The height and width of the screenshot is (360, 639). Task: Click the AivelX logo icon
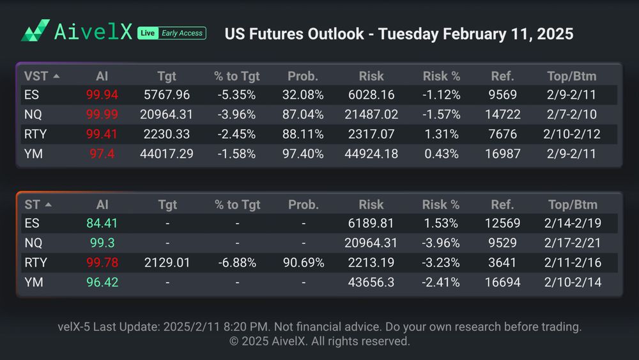pos(35,31)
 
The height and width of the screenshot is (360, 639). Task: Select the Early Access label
pos(181,33)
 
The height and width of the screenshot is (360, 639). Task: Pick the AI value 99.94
pos(102,95)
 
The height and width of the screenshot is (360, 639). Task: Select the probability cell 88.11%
pos(303,135)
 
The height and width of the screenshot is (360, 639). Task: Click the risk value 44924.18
pos(371,154)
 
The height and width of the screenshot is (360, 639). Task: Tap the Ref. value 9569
pos(502,95)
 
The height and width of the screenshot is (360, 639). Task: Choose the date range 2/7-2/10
pos(571,115)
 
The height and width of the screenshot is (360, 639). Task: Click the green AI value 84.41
pos(102,224)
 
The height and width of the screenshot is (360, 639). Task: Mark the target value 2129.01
pos(167,263)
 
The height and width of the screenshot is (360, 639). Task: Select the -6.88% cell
pos(237,263)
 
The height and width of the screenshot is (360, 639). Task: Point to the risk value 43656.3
pos(371,282)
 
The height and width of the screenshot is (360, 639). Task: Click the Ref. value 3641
pos(502,263)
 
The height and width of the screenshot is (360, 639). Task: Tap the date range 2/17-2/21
pos(573,244)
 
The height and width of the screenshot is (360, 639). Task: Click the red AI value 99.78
pos(102,263)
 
